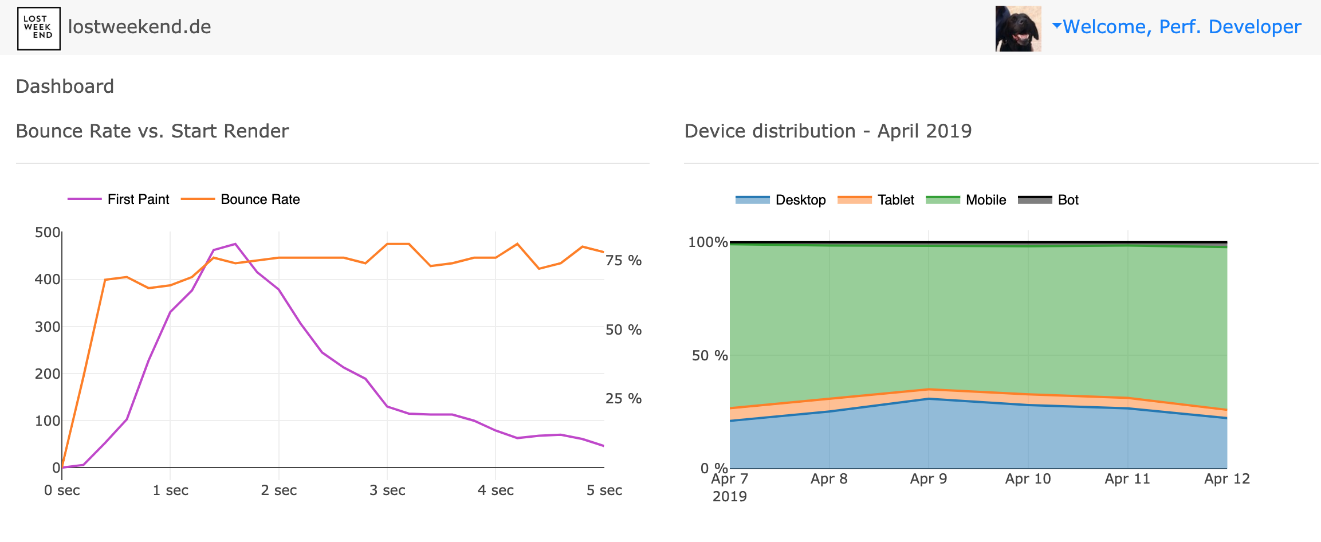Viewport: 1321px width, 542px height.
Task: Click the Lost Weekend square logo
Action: [38, 28]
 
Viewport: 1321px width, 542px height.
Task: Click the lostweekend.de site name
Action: [139, 27]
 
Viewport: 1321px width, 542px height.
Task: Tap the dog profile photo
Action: [1018, 29]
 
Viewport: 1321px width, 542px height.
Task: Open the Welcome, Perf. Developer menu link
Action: [1181, 27]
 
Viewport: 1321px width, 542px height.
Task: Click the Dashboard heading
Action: [65, 87]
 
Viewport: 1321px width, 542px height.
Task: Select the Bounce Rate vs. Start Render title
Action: [152, 131]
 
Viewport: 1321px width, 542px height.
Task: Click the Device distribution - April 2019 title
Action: [828, 131]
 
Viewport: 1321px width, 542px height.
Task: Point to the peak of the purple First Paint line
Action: [235, 244]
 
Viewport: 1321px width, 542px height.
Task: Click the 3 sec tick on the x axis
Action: [387, 490]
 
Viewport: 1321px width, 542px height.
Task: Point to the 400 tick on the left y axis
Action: [47, 280]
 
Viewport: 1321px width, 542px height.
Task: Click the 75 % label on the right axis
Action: [623, 261]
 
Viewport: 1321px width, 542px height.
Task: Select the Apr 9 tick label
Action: [928, 479]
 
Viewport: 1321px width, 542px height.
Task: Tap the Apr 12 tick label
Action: [1226, 479]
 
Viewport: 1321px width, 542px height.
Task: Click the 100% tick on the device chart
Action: [707, 242]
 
